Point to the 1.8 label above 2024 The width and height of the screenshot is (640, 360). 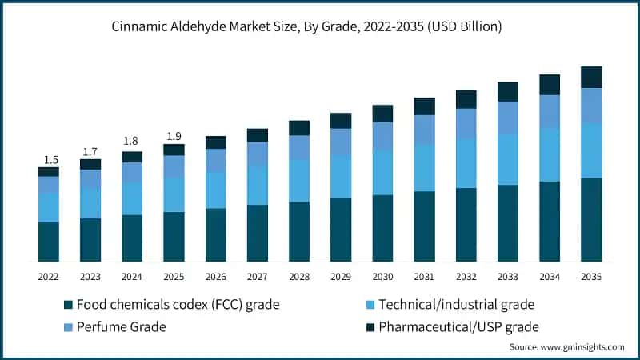click(132, 142)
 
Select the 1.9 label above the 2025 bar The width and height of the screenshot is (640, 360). click(174, 135)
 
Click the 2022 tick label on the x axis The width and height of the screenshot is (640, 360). click(49, 276)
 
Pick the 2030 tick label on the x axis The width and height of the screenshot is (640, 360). click(382, 276)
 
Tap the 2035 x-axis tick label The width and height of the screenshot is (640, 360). click(591, 276)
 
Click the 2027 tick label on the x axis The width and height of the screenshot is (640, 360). click(257, 276)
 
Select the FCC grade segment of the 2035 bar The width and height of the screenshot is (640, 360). click(591, 219)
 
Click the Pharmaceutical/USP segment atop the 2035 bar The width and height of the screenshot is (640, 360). click(591, 77)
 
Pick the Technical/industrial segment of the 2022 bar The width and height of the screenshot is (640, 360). click(49, 206)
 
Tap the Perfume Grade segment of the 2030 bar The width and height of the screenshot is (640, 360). click(382, 136)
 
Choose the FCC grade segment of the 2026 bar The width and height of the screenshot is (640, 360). click(215, 234)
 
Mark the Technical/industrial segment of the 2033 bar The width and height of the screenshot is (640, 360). click(507, 159)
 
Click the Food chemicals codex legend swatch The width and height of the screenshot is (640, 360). click(68, 304)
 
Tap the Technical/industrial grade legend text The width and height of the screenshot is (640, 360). click(456, 304)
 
